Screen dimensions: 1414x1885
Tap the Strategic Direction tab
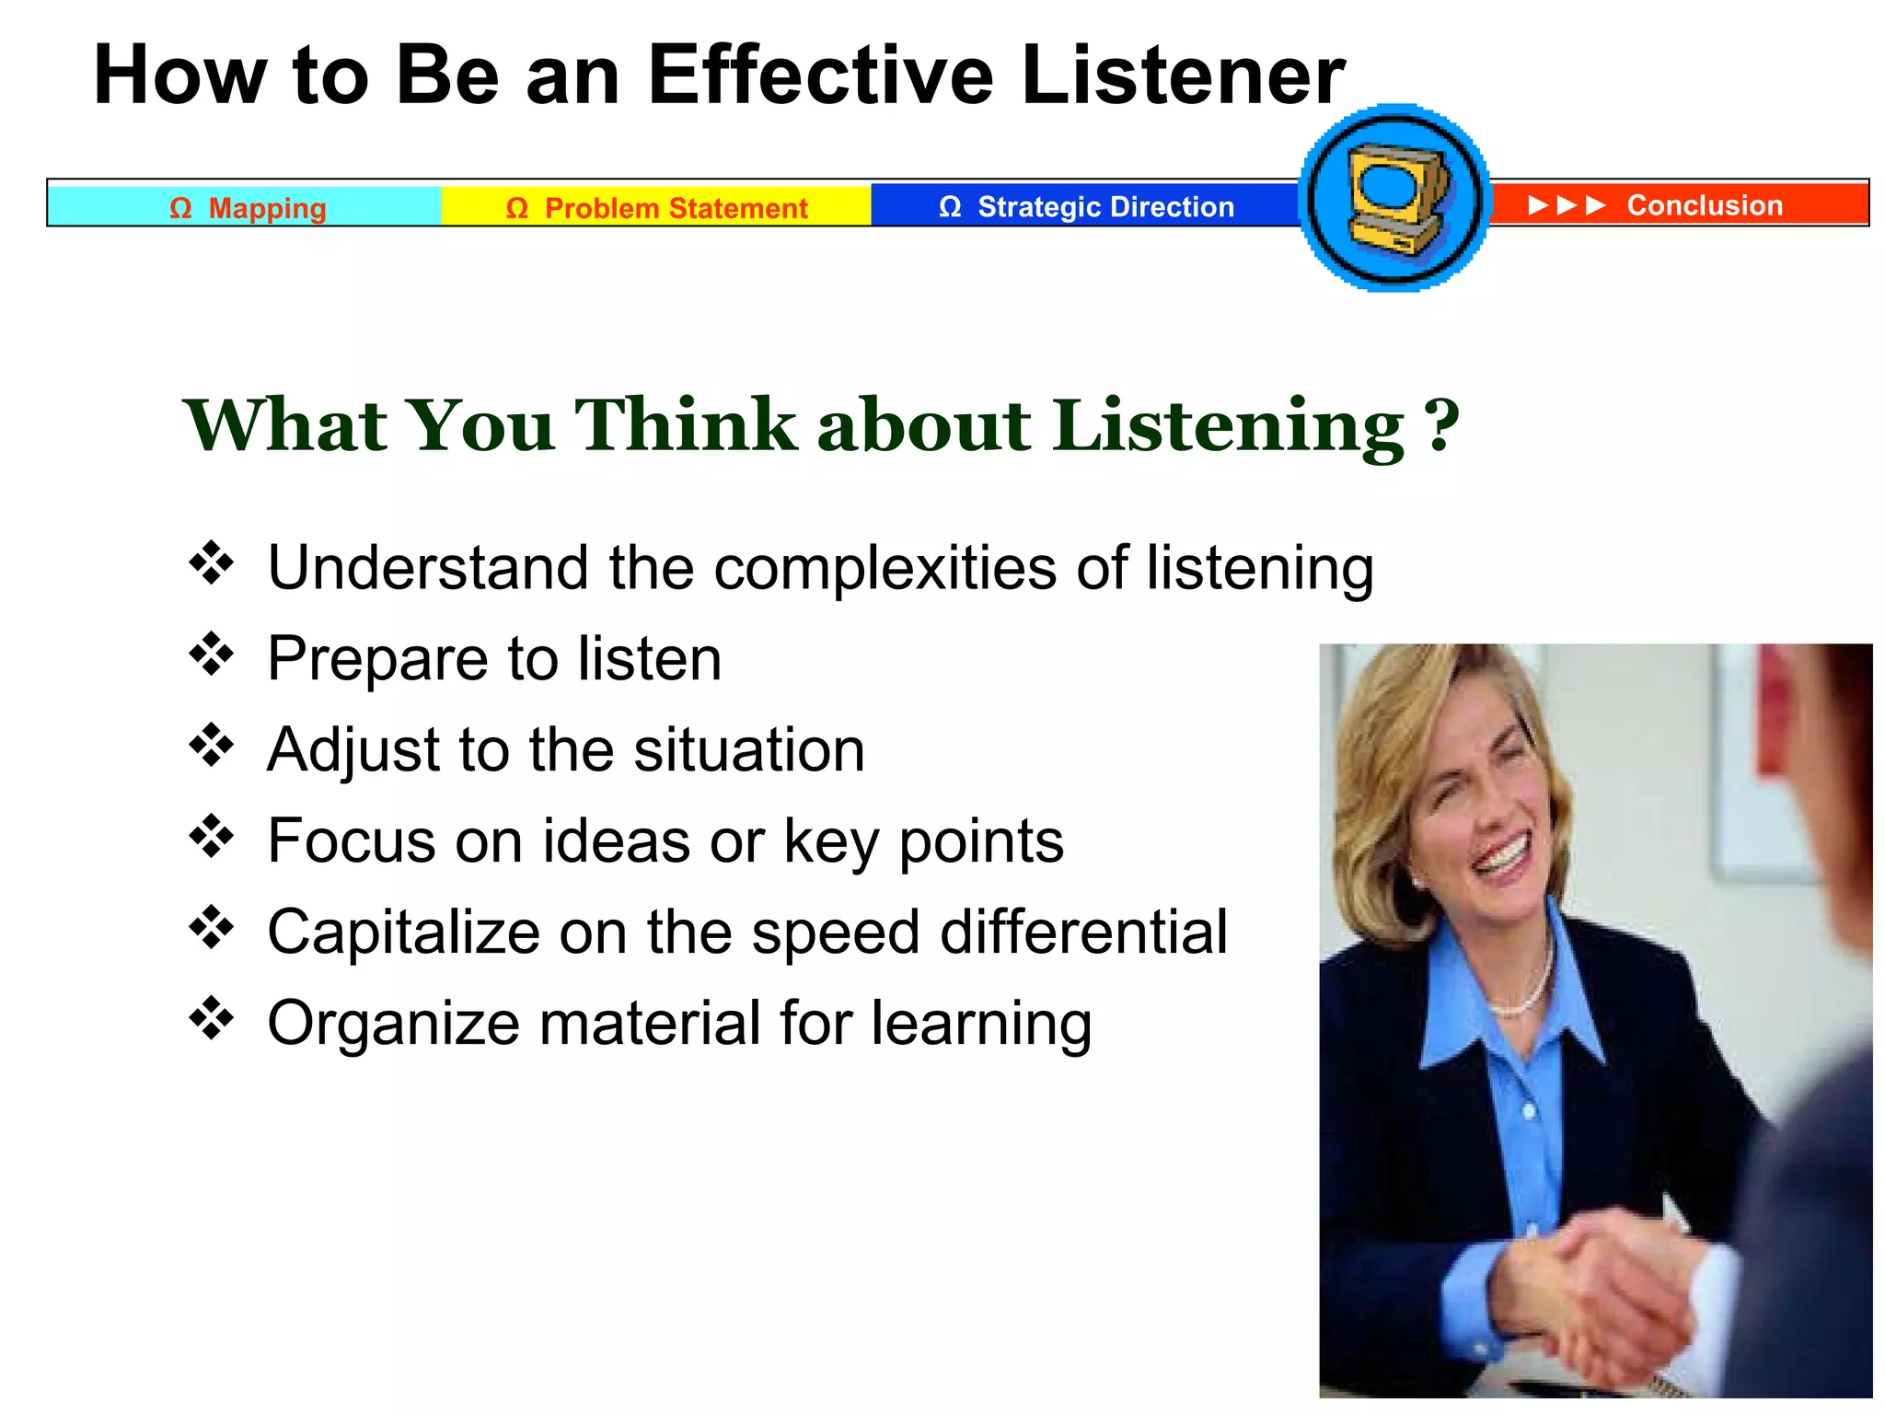pyautogui.click(x=1086, y=206)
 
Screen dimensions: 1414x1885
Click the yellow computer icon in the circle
pyautogui.click(x=1394, y=198)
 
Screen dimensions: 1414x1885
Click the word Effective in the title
pyautogui.click(x=819, y=75)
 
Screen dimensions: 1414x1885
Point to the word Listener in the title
pyautogui.click(x=1182, y=75)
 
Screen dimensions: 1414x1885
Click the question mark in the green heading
pyautogui.click(x=1441, y=425)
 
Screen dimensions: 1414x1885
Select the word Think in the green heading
pyautogui.click(x=686, y=425)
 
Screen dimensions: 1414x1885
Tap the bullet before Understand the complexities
pyautogui.click(x=212, y=563)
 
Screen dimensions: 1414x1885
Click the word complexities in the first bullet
pyautogui.click(x=885, y=568)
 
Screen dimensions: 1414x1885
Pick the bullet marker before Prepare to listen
pyautogui.click(x=212, y=655)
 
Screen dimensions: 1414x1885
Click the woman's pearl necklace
pyautogui.click(x=1523, y=994)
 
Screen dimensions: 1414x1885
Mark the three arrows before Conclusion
pyautogui.click(x=1566, y=204)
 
